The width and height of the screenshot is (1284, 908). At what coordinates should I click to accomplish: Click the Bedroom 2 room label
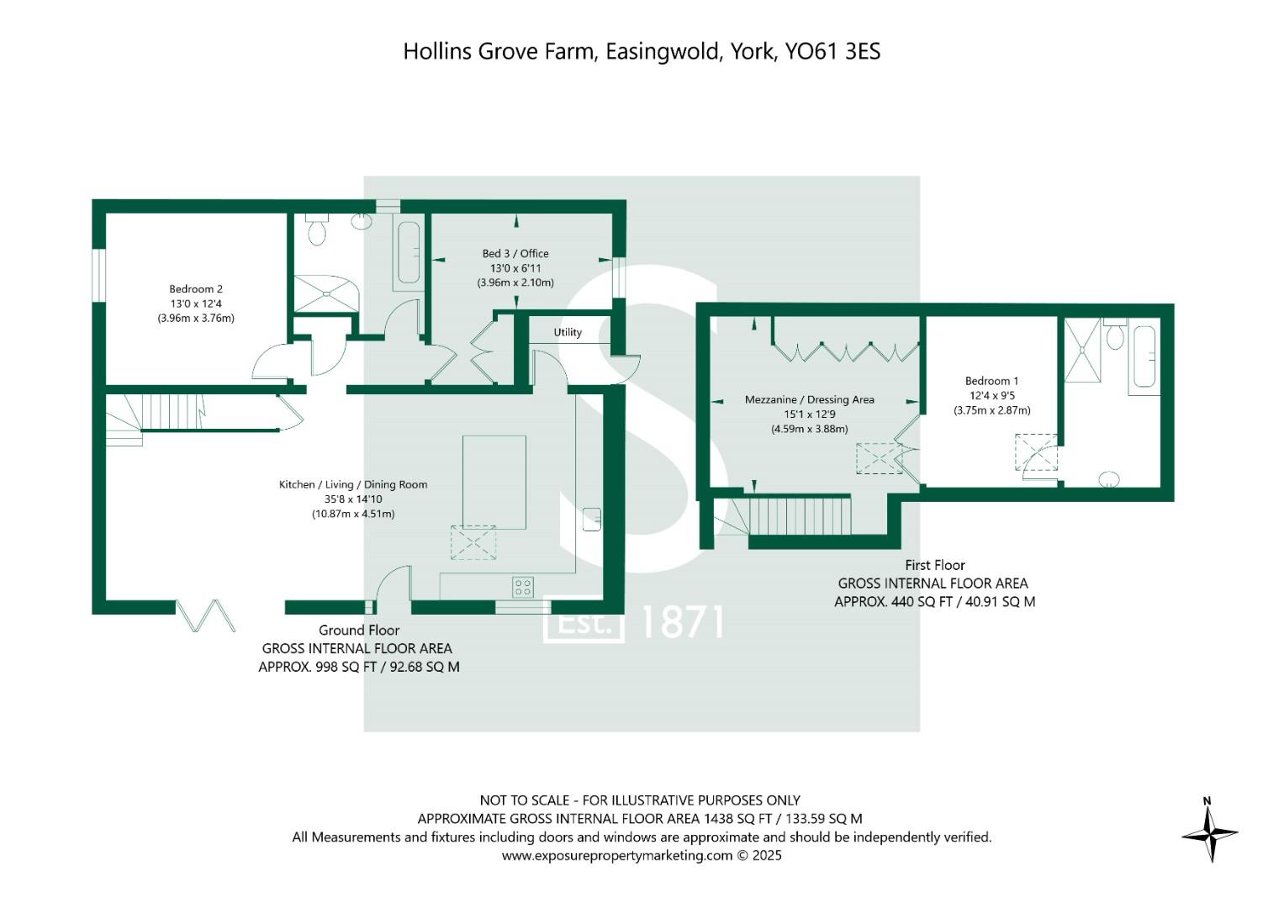[196, 289]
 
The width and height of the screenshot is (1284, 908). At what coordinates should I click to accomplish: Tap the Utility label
[568, 332]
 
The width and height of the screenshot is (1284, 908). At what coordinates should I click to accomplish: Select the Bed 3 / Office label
[515, 253]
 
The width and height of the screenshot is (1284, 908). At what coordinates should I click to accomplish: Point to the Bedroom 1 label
[991, 381]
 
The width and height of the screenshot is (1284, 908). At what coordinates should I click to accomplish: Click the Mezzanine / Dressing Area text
[810, 400]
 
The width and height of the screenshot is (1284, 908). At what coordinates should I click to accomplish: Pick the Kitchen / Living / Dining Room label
[353, 484]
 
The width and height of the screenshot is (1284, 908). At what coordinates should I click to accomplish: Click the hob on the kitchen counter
[523, 587]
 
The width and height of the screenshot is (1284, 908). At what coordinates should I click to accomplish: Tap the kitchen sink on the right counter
[592, 519]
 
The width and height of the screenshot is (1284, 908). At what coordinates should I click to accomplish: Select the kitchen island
[494, 482]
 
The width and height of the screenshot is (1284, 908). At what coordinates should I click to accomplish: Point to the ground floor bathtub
[409, 252]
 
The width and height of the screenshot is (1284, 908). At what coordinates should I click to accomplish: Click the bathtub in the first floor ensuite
[1144, 356]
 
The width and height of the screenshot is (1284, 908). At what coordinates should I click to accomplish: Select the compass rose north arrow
[1210, 831]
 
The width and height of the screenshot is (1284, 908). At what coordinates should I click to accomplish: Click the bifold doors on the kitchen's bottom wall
[205, 615]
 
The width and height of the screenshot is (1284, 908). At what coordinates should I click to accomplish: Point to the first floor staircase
[795, 515]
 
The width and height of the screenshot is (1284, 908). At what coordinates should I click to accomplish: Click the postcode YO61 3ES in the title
[832, 51]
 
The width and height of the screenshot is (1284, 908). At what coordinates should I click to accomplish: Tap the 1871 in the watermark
[682, 623]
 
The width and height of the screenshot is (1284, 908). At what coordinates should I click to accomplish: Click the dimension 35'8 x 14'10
[353, 499]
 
